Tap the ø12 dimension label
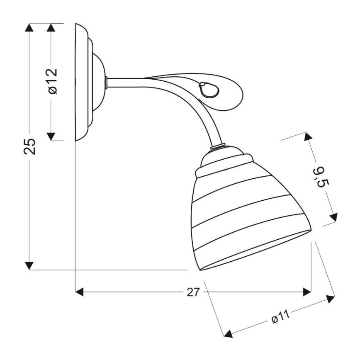(51, 81)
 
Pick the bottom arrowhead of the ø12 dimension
(51, 136)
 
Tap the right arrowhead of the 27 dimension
(306, 292)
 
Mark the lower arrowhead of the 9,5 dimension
(333, 217)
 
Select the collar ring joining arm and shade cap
(218, 146)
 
